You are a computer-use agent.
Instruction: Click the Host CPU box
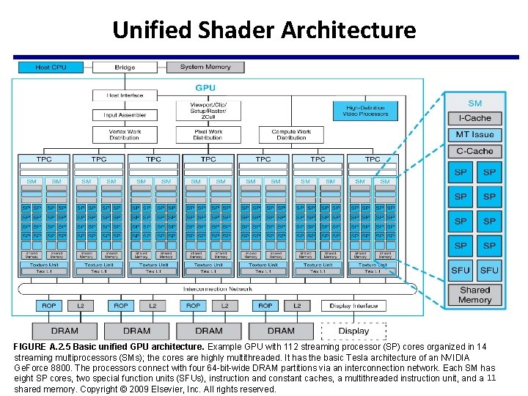[x=51, y=67]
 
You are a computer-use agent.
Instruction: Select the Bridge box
[x=125, y=67]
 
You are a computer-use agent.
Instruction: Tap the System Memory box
[x=205, y=67]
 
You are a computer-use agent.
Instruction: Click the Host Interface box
[x=125, y=95]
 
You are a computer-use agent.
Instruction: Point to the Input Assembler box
[x=125, y=115]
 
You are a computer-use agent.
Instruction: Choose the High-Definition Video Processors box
[x=364, y=111]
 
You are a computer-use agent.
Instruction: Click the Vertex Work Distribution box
[x=125, y=135]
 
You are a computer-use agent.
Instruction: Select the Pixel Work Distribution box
[x=208, y=135]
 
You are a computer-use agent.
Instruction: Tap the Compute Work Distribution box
[x=291, y=135]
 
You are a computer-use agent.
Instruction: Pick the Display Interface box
[x=353, y=305]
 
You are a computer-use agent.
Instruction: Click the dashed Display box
[x=353, y=331]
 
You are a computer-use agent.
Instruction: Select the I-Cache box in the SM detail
[x=474, y=118]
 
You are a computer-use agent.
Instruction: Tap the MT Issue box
[x=474, y=135]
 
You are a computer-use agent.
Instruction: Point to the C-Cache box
[x=474, y=151]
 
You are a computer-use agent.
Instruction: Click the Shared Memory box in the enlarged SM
[x=474, y=295]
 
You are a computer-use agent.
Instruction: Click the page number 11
[x=491, y=378]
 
